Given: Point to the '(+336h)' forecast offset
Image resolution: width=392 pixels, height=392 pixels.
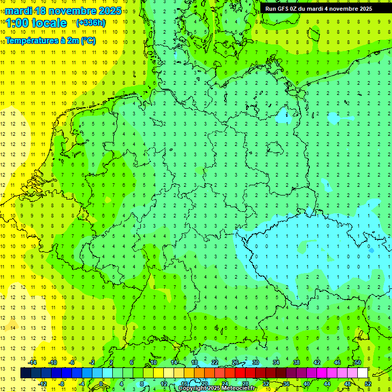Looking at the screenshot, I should [x=91, y=22].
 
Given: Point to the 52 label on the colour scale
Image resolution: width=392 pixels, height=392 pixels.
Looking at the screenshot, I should [x=368, y=383].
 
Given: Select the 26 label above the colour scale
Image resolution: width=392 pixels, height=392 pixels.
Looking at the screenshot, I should [x=235, y=362].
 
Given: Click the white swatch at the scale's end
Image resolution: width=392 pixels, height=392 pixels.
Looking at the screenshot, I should [x=362, y=373].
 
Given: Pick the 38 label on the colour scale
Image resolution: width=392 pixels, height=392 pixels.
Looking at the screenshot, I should [x=297, y=362].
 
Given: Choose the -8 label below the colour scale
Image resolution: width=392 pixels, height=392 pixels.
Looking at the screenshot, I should [x=62, y=383].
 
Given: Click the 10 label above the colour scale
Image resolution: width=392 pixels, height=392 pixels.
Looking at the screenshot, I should [x=154, y=362].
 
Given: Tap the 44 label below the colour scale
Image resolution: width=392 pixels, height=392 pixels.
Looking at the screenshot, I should [x=327, y=383].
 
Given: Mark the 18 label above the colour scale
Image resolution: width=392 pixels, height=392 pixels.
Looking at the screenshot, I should [x=194, y=362].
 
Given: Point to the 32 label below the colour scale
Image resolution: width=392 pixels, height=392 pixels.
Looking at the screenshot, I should [x=266, y=383].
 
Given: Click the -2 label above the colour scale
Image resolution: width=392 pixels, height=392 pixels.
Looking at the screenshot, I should [x=92, y=362].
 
